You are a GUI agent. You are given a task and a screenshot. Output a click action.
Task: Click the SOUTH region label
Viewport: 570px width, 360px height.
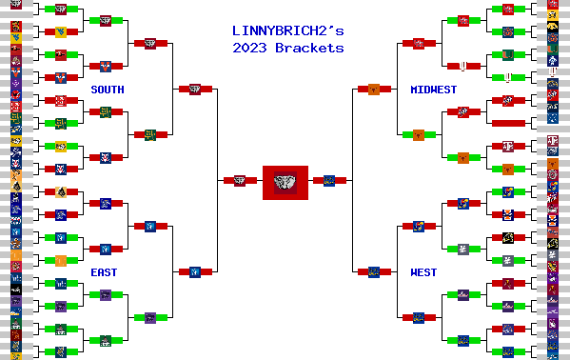point(107,90)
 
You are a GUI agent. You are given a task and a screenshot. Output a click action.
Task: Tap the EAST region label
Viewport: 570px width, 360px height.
point(104,272)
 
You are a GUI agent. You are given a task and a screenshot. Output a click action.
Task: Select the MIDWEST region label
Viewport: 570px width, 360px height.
point(433,90)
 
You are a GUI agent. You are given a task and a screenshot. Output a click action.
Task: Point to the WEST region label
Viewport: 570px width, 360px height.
point(423,272)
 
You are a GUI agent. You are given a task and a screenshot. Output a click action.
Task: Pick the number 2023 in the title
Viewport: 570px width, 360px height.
point(250,48)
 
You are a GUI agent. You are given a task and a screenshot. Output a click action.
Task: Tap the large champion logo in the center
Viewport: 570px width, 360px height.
point(285,181)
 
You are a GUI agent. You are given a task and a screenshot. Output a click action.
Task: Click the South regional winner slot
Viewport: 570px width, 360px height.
point(194,89)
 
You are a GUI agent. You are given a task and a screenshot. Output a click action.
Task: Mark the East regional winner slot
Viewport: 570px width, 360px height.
point(194,271)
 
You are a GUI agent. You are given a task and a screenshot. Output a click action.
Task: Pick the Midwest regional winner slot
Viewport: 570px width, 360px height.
point(374,89)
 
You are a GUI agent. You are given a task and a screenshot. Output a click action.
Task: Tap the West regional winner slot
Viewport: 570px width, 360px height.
point(374,271)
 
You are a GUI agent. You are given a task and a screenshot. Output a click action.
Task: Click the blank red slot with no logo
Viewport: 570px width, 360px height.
point(509,123)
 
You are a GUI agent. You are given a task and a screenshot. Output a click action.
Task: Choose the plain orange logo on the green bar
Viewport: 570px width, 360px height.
point(60,260)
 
